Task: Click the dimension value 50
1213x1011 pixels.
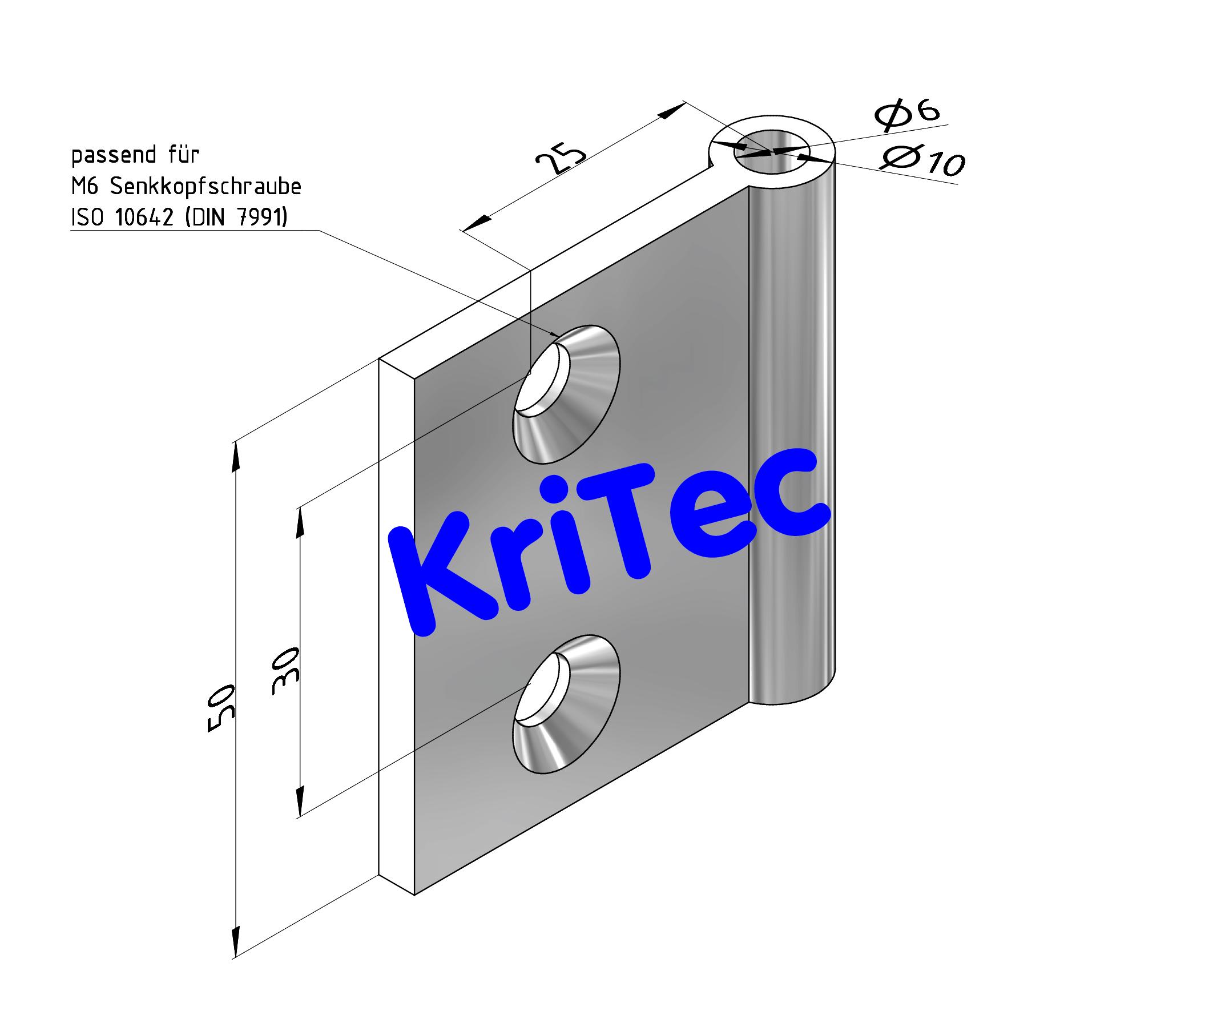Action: tap(222, 708)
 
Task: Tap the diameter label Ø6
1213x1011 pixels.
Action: tap(907, 113)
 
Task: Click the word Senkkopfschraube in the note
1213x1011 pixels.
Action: tap(205, 187)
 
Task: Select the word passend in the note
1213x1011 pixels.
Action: tap(114, 155)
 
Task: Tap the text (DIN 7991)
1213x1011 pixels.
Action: tap(236, 218)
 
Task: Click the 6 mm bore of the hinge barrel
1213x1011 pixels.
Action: tap(772, 151)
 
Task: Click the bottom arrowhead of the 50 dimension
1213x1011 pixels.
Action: tap(236, 941)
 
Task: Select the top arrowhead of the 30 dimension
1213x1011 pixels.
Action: tap(300, 523)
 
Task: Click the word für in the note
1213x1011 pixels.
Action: tap(184, 155)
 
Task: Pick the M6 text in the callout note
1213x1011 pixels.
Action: tap(84, 187)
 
